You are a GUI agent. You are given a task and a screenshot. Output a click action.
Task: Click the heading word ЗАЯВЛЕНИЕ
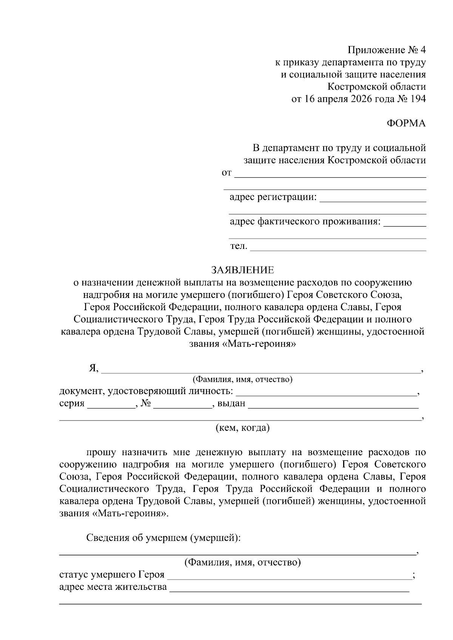point(242,270)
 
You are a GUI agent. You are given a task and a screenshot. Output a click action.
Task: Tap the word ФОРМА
point(407,123)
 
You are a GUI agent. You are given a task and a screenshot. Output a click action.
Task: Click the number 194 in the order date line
point(416,99)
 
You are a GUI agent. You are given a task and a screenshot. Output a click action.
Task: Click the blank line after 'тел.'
point(338,249)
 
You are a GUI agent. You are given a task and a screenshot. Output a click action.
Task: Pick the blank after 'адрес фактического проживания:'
point(405,225)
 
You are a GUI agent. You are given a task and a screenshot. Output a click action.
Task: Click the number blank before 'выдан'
point(182,407)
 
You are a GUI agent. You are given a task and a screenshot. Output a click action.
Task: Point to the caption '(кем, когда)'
point(242,428)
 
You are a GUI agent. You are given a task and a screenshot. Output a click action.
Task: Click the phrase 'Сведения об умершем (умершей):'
point(163,537)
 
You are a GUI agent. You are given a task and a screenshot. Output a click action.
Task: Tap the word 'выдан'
point(231,404)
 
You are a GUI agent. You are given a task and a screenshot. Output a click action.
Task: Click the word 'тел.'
point(239,246)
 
